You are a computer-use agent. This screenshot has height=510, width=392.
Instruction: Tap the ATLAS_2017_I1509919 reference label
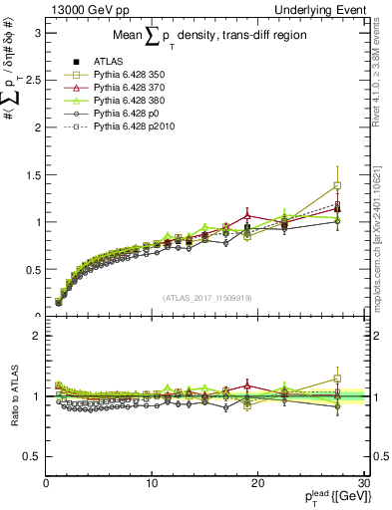(x=205, y=296)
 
